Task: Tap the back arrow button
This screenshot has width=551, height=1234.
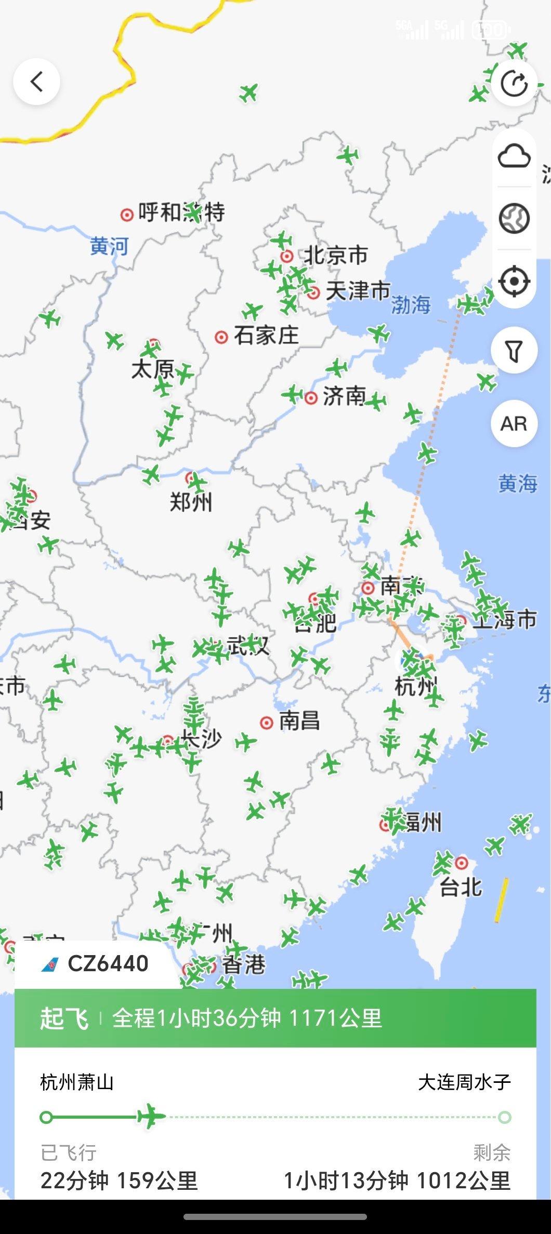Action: tap(36, 82)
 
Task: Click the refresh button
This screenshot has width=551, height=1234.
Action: tap(514, 83)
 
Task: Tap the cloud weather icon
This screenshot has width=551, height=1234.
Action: tap(514, 156)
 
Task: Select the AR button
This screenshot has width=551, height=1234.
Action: tap(514, 424)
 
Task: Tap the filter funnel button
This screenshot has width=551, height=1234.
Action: tap(514, 351)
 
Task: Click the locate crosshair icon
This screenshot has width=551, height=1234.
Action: tap(514, 281)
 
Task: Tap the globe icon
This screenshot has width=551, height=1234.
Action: tap(514, 218)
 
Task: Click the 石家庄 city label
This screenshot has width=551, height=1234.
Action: tap(266, 336)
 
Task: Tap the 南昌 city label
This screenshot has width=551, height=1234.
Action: tap(299, 721)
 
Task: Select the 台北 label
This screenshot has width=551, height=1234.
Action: tap(461, 887)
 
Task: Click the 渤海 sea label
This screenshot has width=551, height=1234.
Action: tap(411, 304)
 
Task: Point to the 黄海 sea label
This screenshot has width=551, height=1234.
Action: tap(518, 484)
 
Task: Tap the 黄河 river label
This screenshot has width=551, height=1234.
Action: tap(109, 246)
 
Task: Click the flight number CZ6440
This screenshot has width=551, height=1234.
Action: tap(108, 964)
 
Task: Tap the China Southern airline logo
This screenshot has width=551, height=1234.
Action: tap(50, 965)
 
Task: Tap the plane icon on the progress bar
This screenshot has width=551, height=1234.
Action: tap(151, 1116)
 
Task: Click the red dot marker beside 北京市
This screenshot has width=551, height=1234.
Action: tap(286, 256)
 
